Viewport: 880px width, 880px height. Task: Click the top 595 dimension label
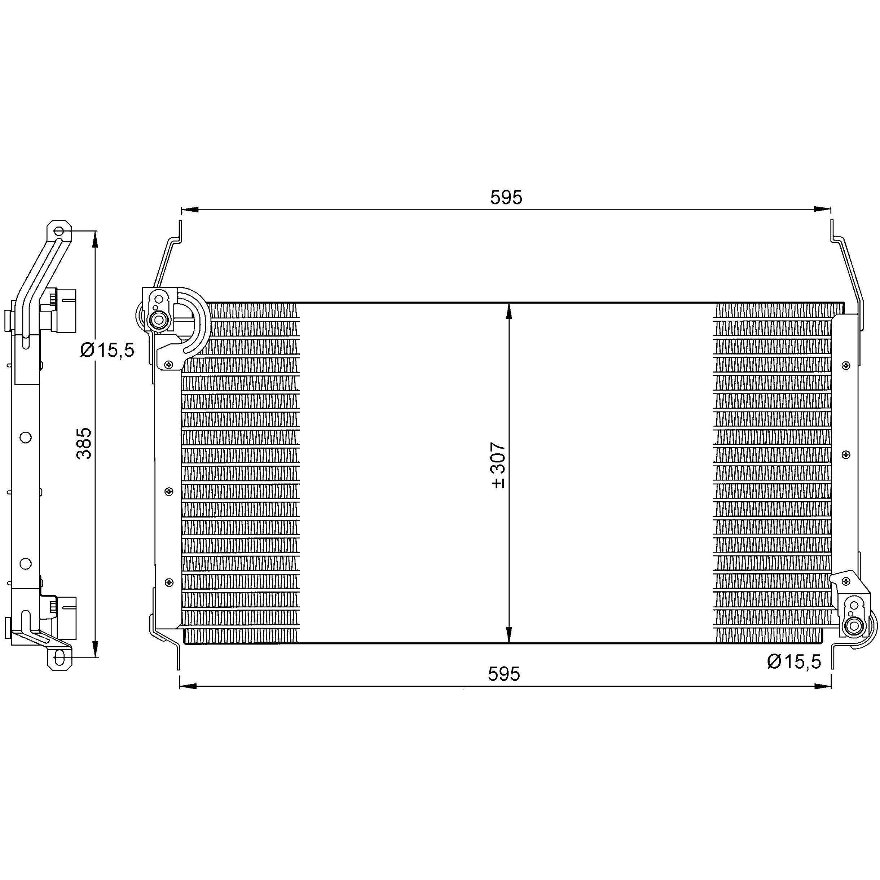506,198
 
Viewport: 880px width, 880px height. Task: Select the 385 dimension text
84,443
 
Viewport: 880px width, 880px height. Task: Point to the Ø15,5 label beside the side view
107,350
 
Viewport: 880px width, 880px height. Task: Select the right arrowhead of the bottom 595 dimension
822,699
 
